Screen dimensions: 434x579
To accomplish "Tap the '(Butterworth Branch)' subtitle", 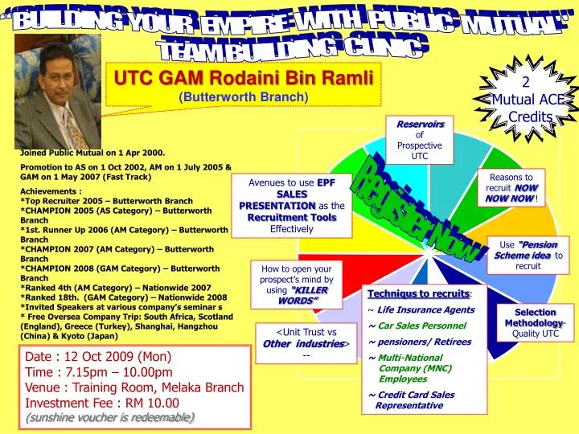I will coord(243,96).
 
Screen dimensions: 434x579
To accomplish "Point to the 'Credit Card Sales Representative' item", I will coord(412,399).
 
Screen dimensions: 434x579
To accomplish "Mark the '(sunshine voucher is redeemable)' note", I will coord(109,418).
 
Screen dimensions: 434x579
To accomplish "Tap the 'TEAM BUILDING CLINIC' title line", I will coord(289,50).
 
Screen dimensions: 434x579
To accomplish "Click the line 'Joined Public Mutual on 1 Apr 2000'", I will coord(92,151).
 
